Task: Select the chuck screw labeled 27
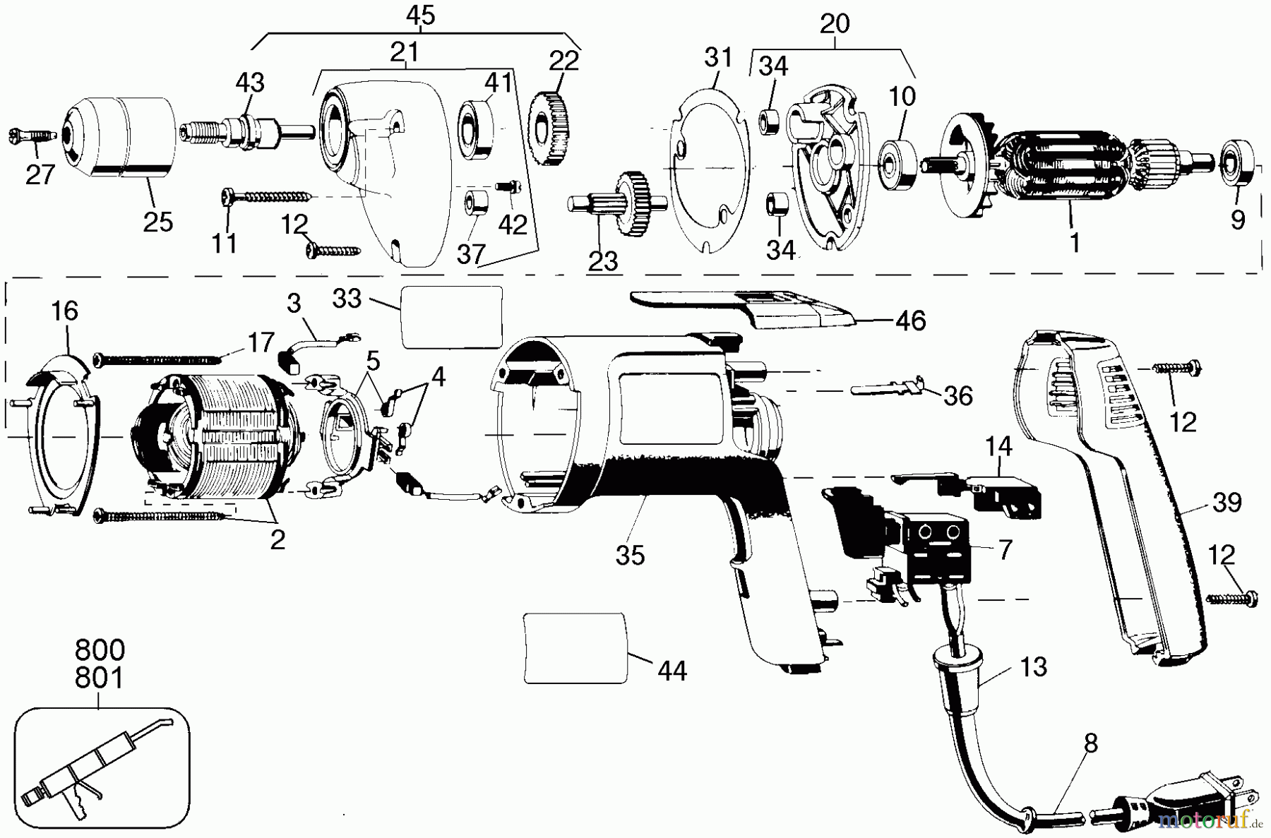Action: (32, 134)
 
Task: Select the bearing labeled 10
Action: (898, 164)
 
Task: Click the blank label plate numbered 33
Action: (452, 317)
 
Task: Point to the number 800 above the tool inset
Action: (99, 650)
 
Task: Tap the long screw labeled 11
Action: (268, 195)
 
